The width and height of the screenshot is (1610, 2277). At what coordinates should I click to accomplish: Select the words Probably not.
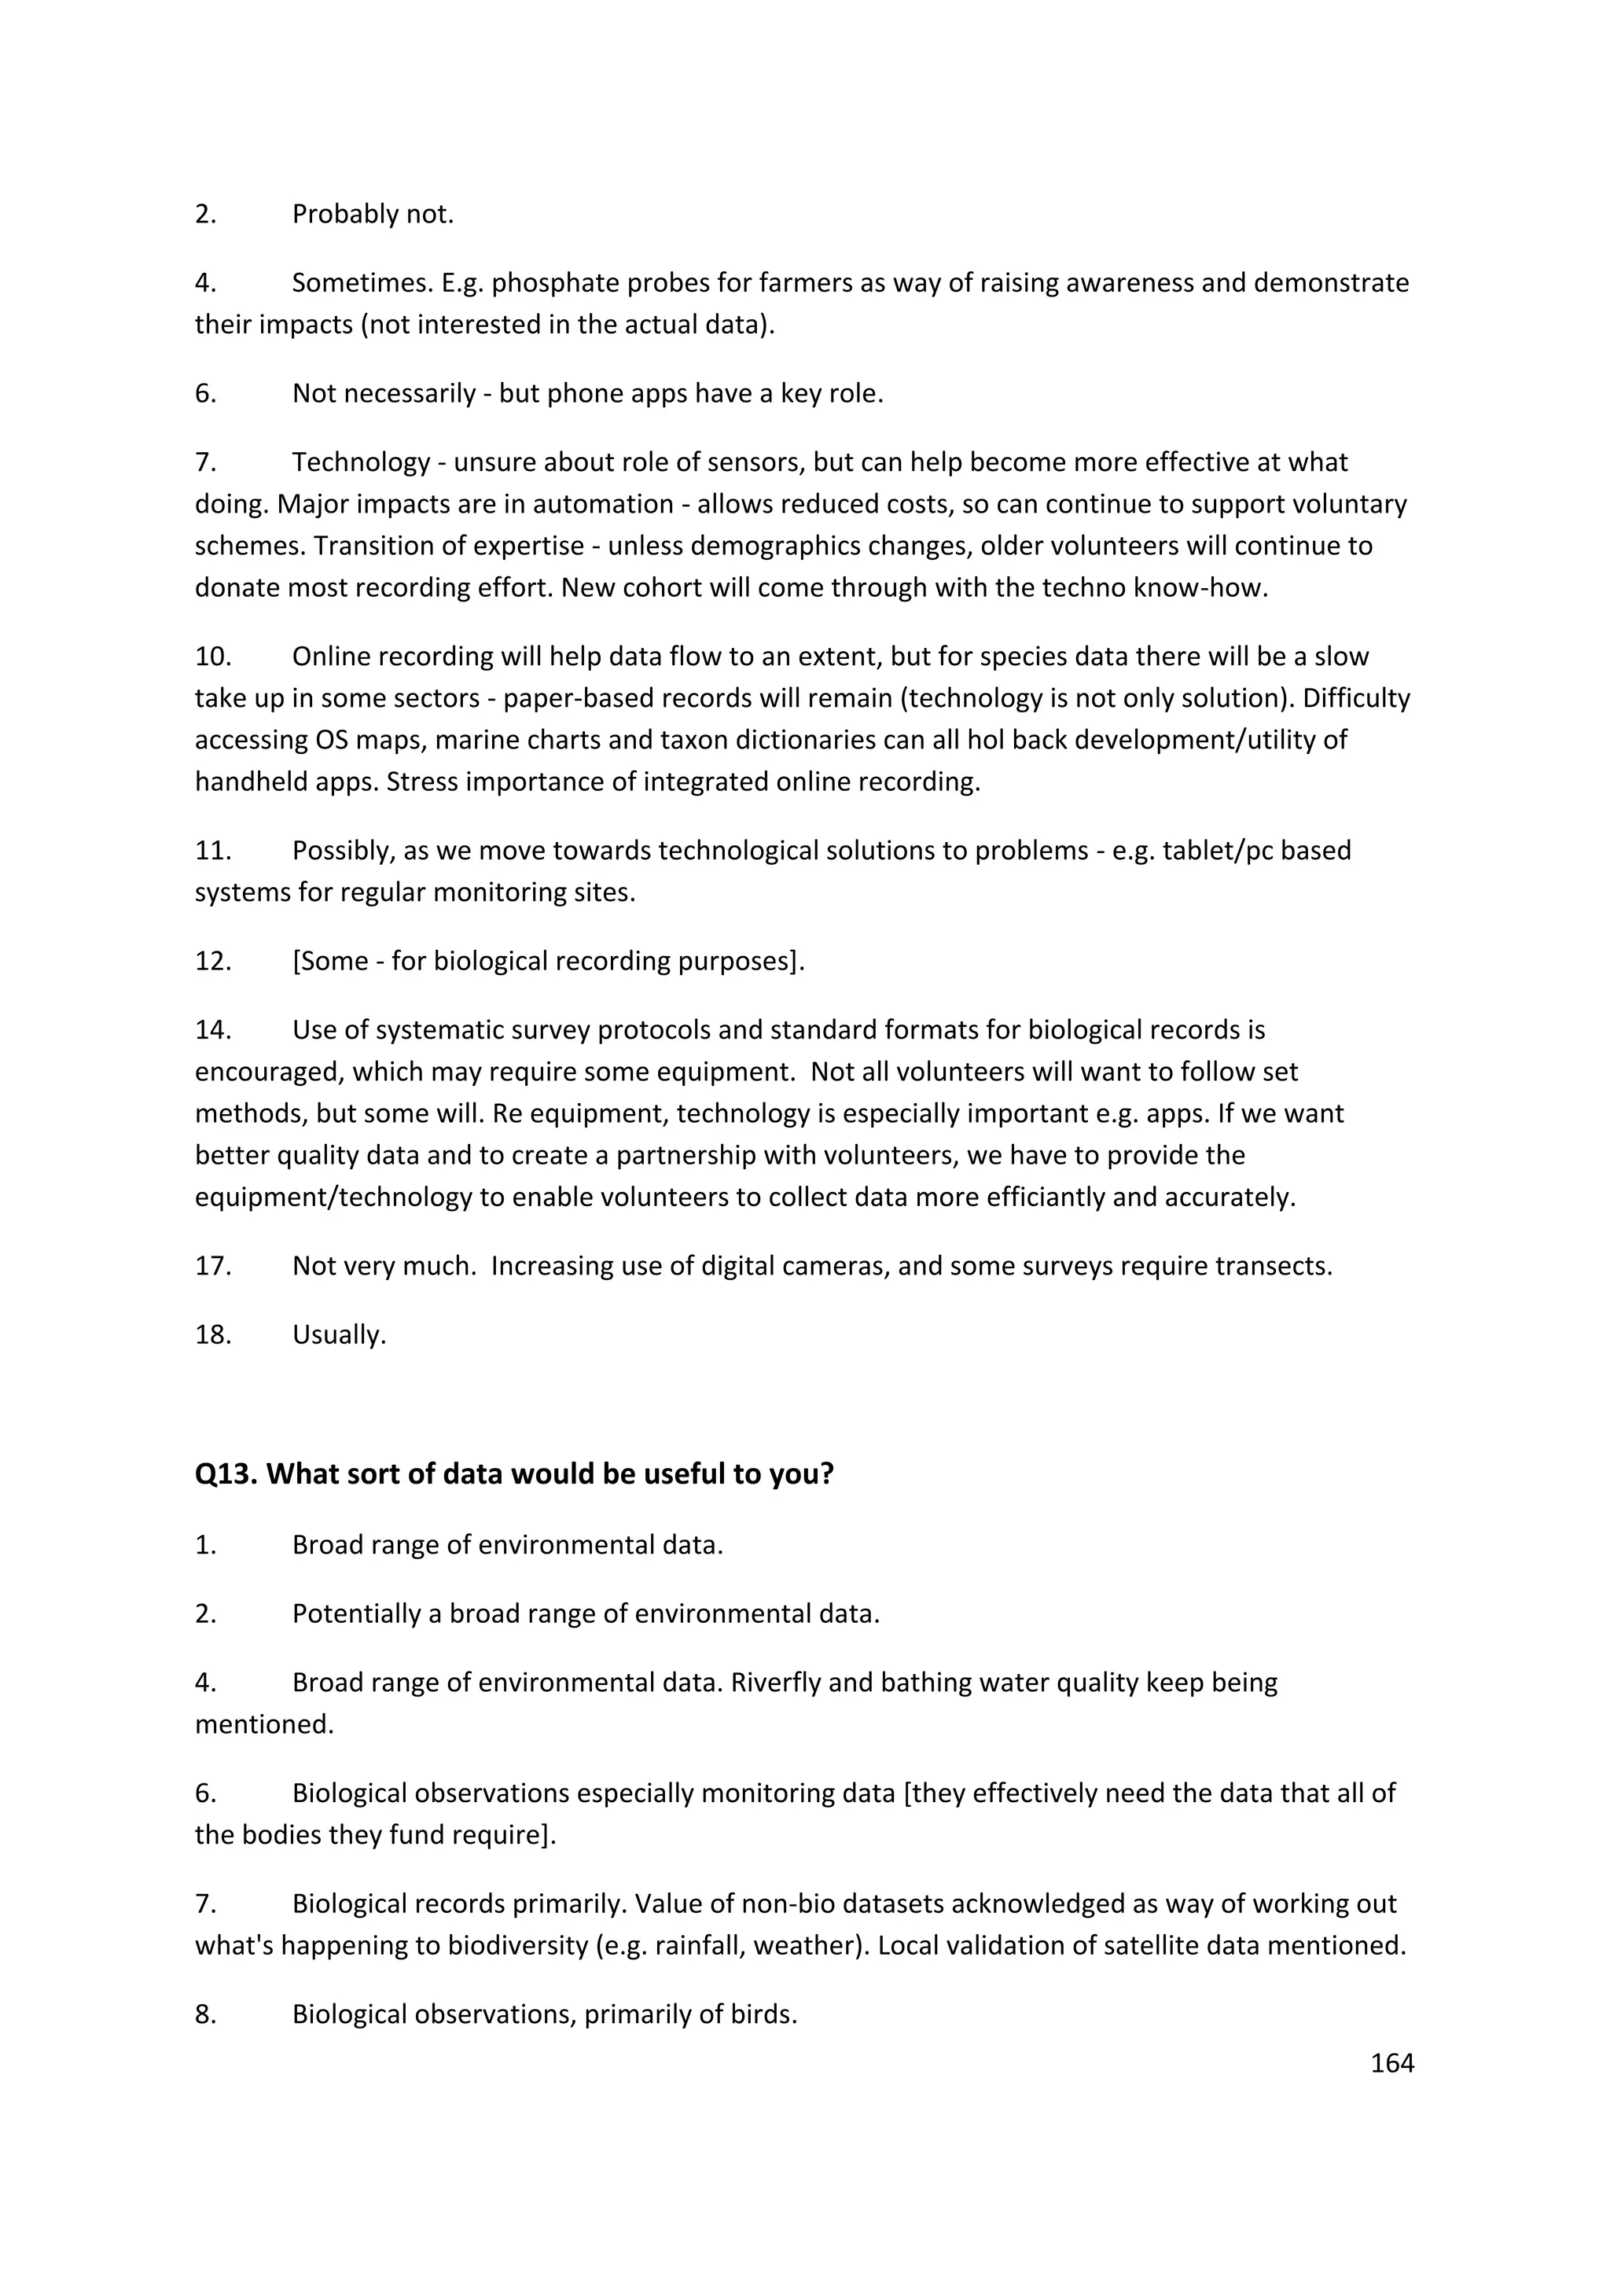coord(373,214)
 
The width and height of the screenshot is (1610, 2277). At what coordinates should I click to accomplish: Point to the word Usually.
coord(339,1335)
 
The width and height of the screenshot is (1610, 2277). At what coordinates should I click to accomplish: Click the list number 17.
coord(212,1267)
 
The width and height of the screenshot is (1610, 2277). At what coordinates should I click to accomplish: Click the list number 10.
coord(212,657)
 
